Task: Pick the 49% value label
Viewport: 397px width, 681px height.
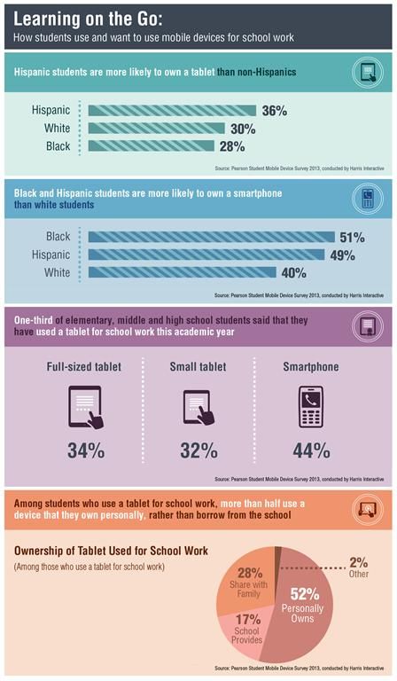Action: pos(342,255)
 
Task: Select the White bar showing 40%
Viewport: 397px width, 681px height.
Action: pos(182,273)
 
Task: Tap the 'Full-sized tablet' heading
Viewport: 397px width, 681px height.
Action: pos(85,366)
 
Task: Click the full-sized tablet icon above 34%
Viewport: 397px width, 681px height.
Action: pos(85,408)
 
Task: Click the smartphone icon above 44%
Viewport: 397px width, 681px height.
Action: pos(311,408)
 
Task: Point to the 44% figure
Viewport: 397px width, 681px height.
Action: pos(311,450)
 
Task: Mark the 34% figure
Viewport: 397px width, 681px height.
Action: pos(85,450)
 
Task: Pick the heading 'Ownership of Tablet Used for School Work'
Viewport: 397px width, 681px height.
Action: pos(111,551)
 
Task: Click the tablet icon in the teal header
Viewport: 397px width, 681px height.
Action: pos(364,72)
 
